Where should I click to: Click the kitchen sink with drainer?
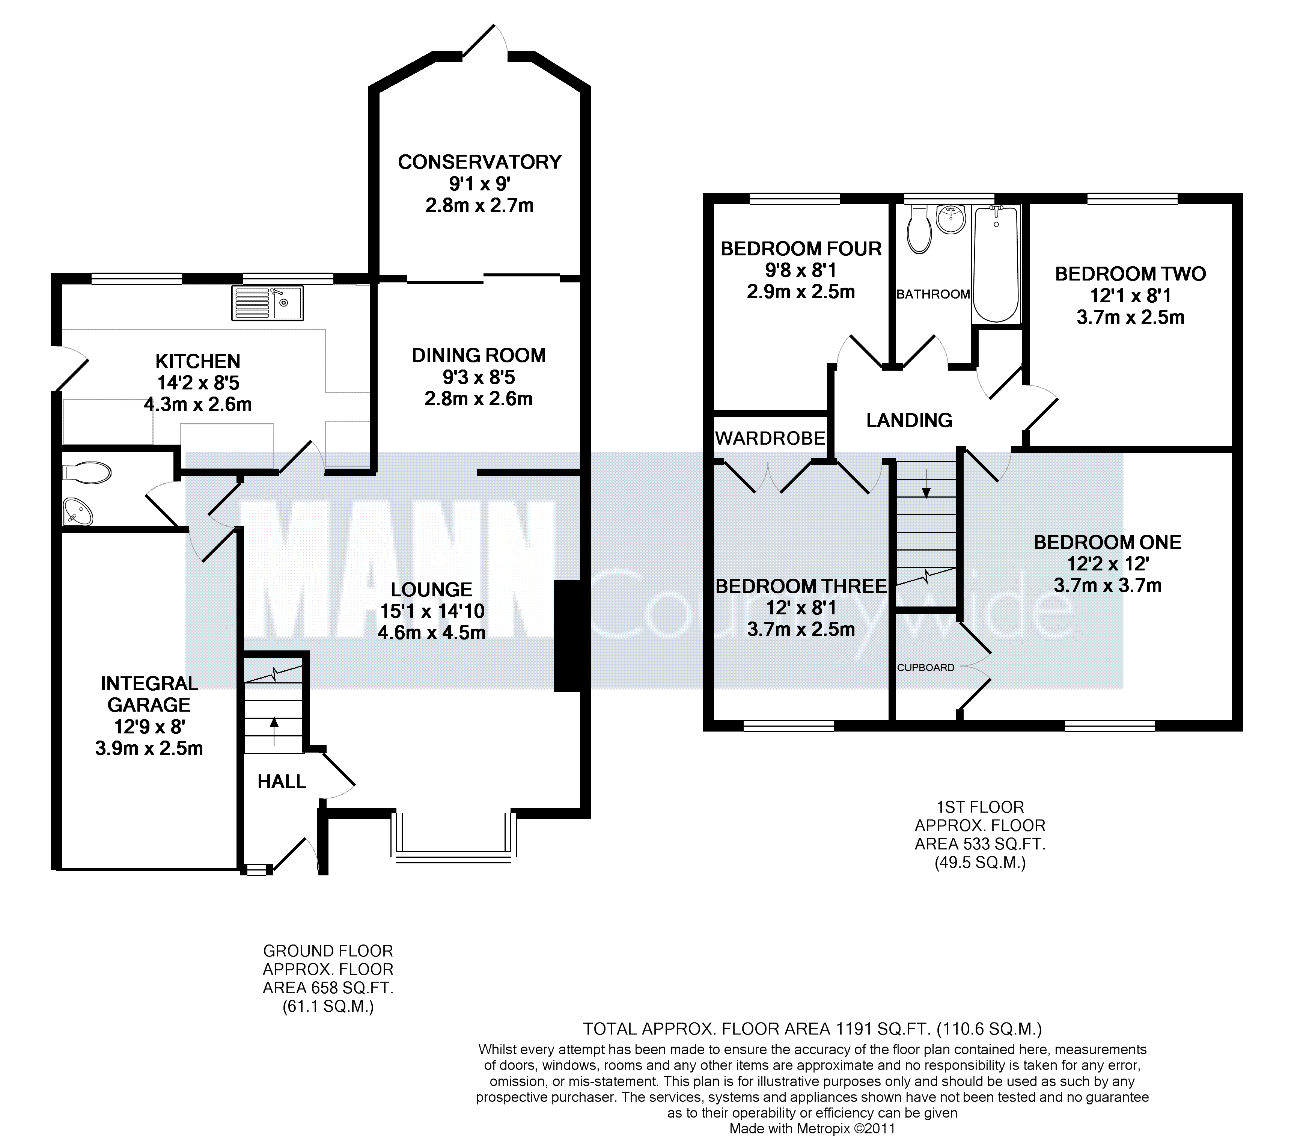click(268, 303)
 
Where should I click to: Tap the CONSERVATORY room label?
click(480, 162)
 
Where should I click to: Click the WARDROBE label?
click(770, 438)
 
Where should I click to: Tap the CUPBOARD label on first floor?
click(926, 667)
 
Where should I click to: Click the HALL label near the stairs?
click(282, 781)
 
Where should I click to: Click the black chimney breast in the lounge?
click(567, 636)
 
